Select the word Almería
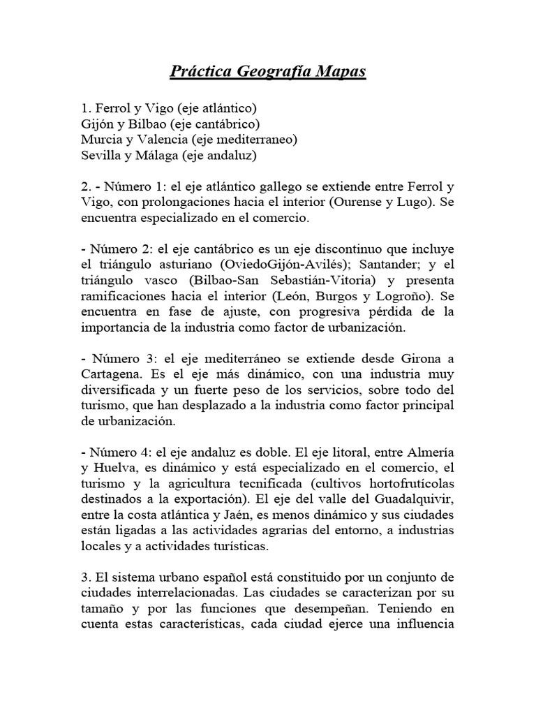429,452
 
